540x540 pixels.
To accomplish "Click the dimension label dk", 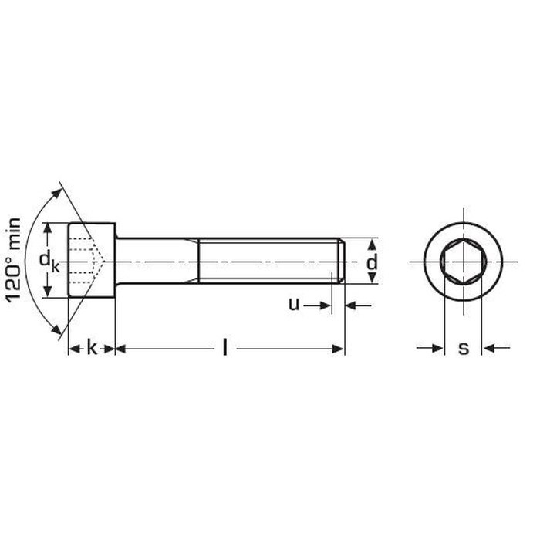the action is coord(49,261).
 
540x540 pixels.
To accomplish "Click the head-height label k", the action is coord(92,347).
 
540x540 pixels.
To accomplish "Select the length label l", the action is coord(225,347).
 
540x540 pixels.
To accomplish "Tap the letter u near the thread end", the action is coord(294,304).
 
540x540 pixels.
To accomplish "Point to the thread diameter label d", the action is coord(372,262).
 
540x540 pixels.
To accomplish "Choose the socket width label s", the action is coord(464,349).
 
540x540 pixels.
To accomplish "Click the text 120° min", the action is coord(14,261).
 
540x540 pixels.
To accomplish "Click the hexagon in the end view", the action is coord(464,262).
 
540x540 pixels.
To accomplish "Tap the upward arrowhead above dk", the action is coord(48,228).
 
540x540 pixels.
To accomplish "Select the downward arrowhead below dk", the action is coord(48,292).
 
